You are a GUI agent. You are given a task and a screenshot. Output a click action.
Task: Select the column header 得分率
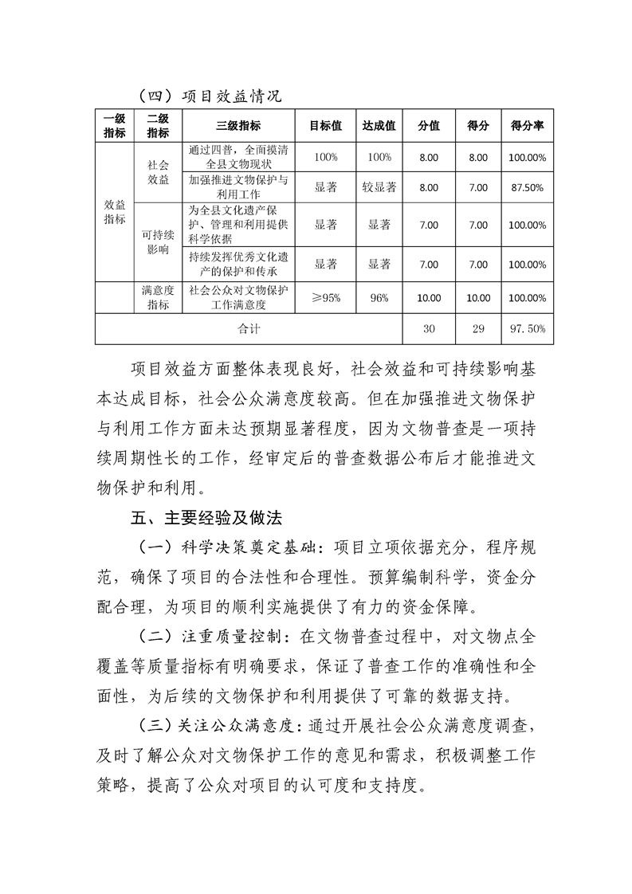tap(527, 126)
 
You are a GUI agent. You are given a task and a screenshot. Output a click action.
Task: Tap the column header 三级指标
tap(238, 126)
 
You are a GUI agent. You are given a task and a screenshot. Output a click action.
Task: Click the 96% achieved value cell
tap(379, 298)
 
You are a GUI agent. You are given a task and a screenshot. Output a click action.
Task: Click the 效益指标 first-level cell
tap(115, 212)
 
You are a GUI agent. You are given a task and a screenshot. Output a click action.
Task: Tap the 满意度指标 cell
tap(158, 298)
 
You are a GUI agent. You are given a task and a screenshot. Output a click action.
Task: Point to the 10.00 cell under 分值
tap(428, 298)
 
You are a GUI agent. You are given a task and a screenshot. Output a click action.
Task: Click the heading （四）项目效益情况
tap(210, 96)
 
